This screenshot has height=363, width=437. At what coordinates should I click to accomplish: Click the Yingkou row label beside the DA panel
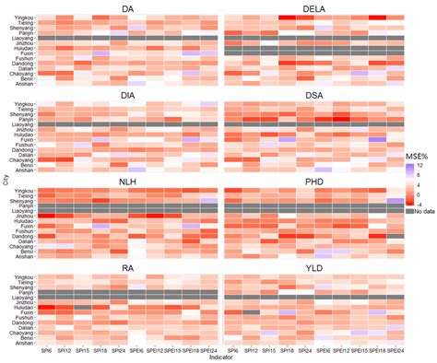(21, 17)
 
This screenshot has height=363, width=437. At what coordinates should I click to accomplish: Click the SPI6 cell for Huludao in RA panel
(44, 307)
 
